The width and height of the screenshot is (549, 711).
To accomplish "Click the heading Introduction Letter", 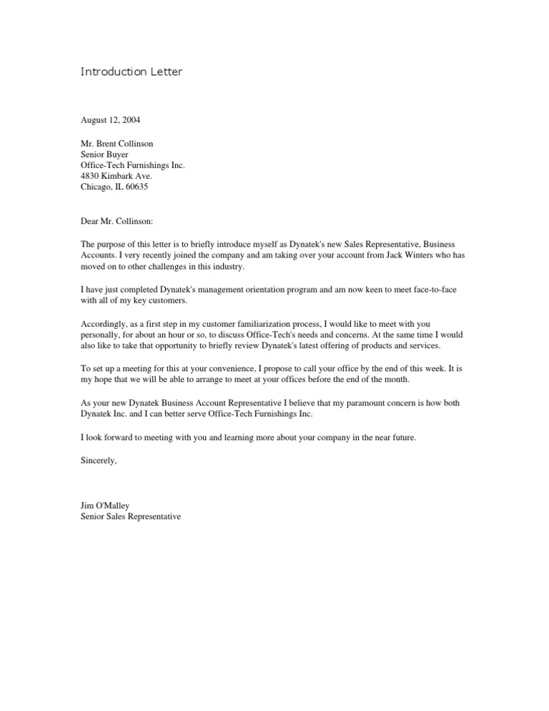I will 133,72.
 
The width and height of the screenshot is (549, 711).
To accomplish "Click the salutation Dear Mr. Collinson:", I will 122,222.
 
